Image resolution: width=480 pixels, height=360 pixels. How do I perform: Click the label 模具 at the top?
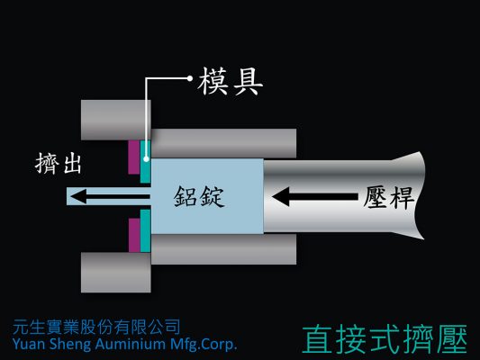(x=231, y=82)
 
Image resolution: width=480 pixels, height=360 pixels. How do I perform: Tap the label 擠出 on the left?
(x=59, y=164)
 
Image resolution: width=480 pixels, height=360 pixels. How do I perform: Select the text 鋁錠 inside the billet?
(x=199, y=197)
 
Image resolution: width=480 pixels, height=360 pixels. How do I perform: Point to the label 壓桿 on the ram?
(x=389, y=198)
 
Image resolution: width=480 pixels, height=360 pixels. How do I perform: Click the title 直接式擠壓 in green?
(x=385, y=339)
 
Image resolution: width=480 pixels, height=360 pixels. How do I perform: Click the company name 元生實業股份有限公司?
(x=96, y=328)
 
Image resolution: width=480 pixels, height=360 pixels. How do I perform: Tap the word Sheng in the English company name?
(x=70, y=344)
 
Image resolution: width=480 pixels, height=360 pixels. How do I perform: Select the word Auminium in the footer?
(x=131, y=344)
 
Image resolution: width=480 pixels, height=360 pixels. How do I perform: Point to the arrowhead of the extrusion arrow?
(x=78, y=196)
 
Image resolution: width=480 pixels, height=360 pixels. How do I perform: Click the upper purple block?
(x=134, y=157)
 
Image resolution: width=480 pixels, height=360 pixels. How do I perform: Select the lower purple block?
(x=134, y=235)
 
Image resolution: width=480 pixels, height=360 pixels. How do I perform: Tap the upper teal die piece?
(x=145, y=161)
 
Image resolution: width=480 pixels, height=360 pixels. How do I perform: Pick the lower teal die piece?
(x=145, y=231)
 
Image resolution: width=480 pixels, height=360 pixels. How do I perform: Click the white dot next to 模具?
(x=190, y=78)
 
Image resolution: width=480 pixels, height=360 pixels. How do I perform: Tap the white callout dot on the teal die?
(x=146, y=159)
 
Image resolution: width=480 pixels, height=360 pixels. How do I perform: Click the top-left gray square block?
(x=115, y=120)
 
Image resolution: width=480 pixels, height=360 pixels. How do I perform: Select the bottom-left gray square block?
(x=115, y=272)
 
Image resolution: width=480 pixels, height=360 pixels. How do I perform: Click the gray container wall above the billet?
(x=223, y=143)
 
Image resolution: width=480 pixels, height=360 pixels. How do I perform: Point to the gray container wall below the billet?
(x=223, y=249)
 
